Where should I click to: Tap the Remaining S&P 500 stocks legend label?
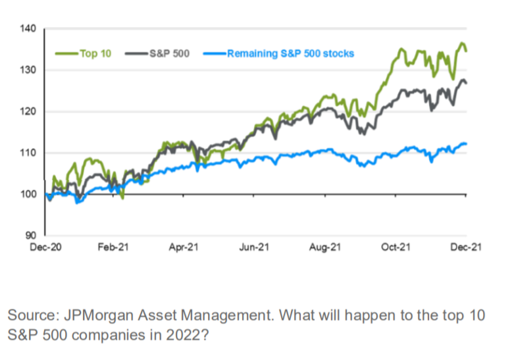(x=290, y=54)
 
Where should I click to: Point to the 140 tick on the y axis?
(x=30, y=29)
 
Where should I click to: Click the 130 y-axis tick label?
(x=30, y=70)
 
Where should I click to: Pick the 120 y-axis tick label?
(x=30, y=112)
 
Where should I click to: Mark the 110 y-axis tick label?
(x=30, y=153)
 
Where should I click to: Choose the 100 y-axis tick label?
(x=30, y=194)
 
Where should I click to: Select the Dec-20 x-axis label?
(x=45, y=247)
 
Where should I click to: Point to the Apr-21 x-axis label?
(x=185, y=247)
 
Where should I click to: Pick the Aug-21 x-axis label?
(x=326, y=247)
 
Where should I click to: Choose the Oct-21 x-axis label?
(x=396, y=247)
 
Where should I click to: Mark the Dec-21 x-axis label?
(x=465, y=247)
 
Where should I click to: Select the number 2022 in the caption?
(x=179, y=335)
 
